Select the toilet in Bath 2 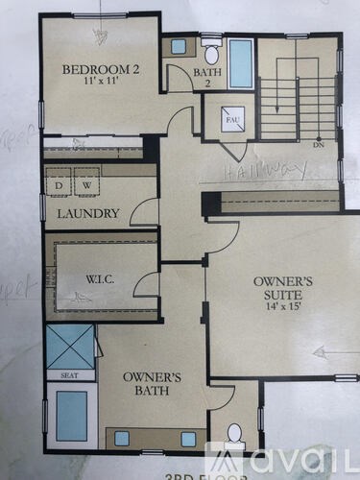211,50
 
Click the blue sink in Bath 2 179,45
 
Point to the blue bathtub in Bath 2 240,63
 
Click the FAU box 232,119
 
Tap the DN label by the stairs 318,147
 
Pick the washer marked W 85,184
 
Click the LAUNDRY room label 87,213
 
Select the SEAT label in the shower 69,375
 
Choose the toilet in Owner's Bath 233,433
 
